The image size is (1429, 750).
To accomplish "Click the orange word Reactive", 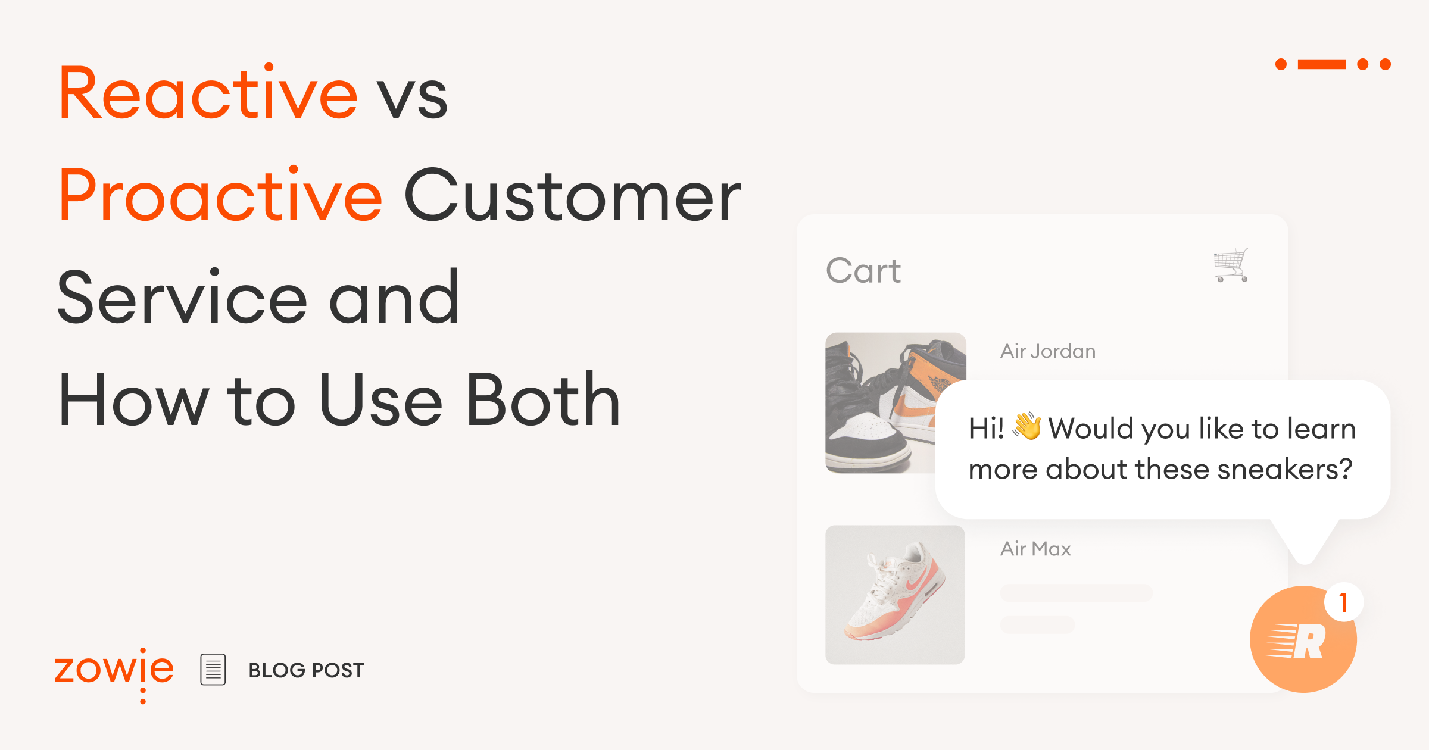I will pos(208,93).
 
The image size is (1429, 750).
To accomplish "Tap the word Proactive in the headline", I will pos(220,195).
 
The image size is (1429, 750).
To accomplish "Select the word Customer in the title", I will pos(572,195).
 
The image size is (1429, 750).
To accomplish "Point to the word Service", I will pos(182,297).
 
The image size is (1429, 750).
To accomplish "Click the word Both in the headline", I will pos(543,399).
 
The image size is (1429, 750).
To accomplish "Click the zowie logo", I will pos(114,671).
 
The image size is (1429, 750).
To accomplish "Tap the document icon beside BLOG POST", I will pos(213,670).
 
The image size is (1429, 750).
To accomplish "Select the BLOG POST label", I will pos(306,670).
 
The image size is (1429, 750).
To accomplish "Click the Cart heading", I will pos(863,271).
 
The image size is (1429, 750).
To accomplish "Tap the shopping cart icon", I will pos(1231,265).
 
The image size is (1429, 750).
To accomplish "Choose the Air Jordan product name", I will pos(1048,351).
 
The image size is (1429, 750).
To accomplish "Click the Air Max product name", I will pos(1035,549).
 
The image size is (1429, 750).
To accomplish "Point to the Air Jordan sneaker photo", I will pos(881,402).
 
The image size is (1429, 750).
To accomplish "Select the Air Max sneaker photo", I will pos(895,595).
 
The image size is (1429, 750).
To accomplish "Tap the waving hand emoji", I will pos(1027,426).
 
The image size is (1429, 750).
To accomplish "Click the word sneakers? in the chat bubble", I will pos(1285,469).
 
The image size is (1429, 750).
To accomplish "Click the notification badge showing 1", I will pos(1343,603).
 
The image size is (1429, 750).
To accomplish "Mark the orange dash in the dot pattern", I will pos(1322,64).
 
